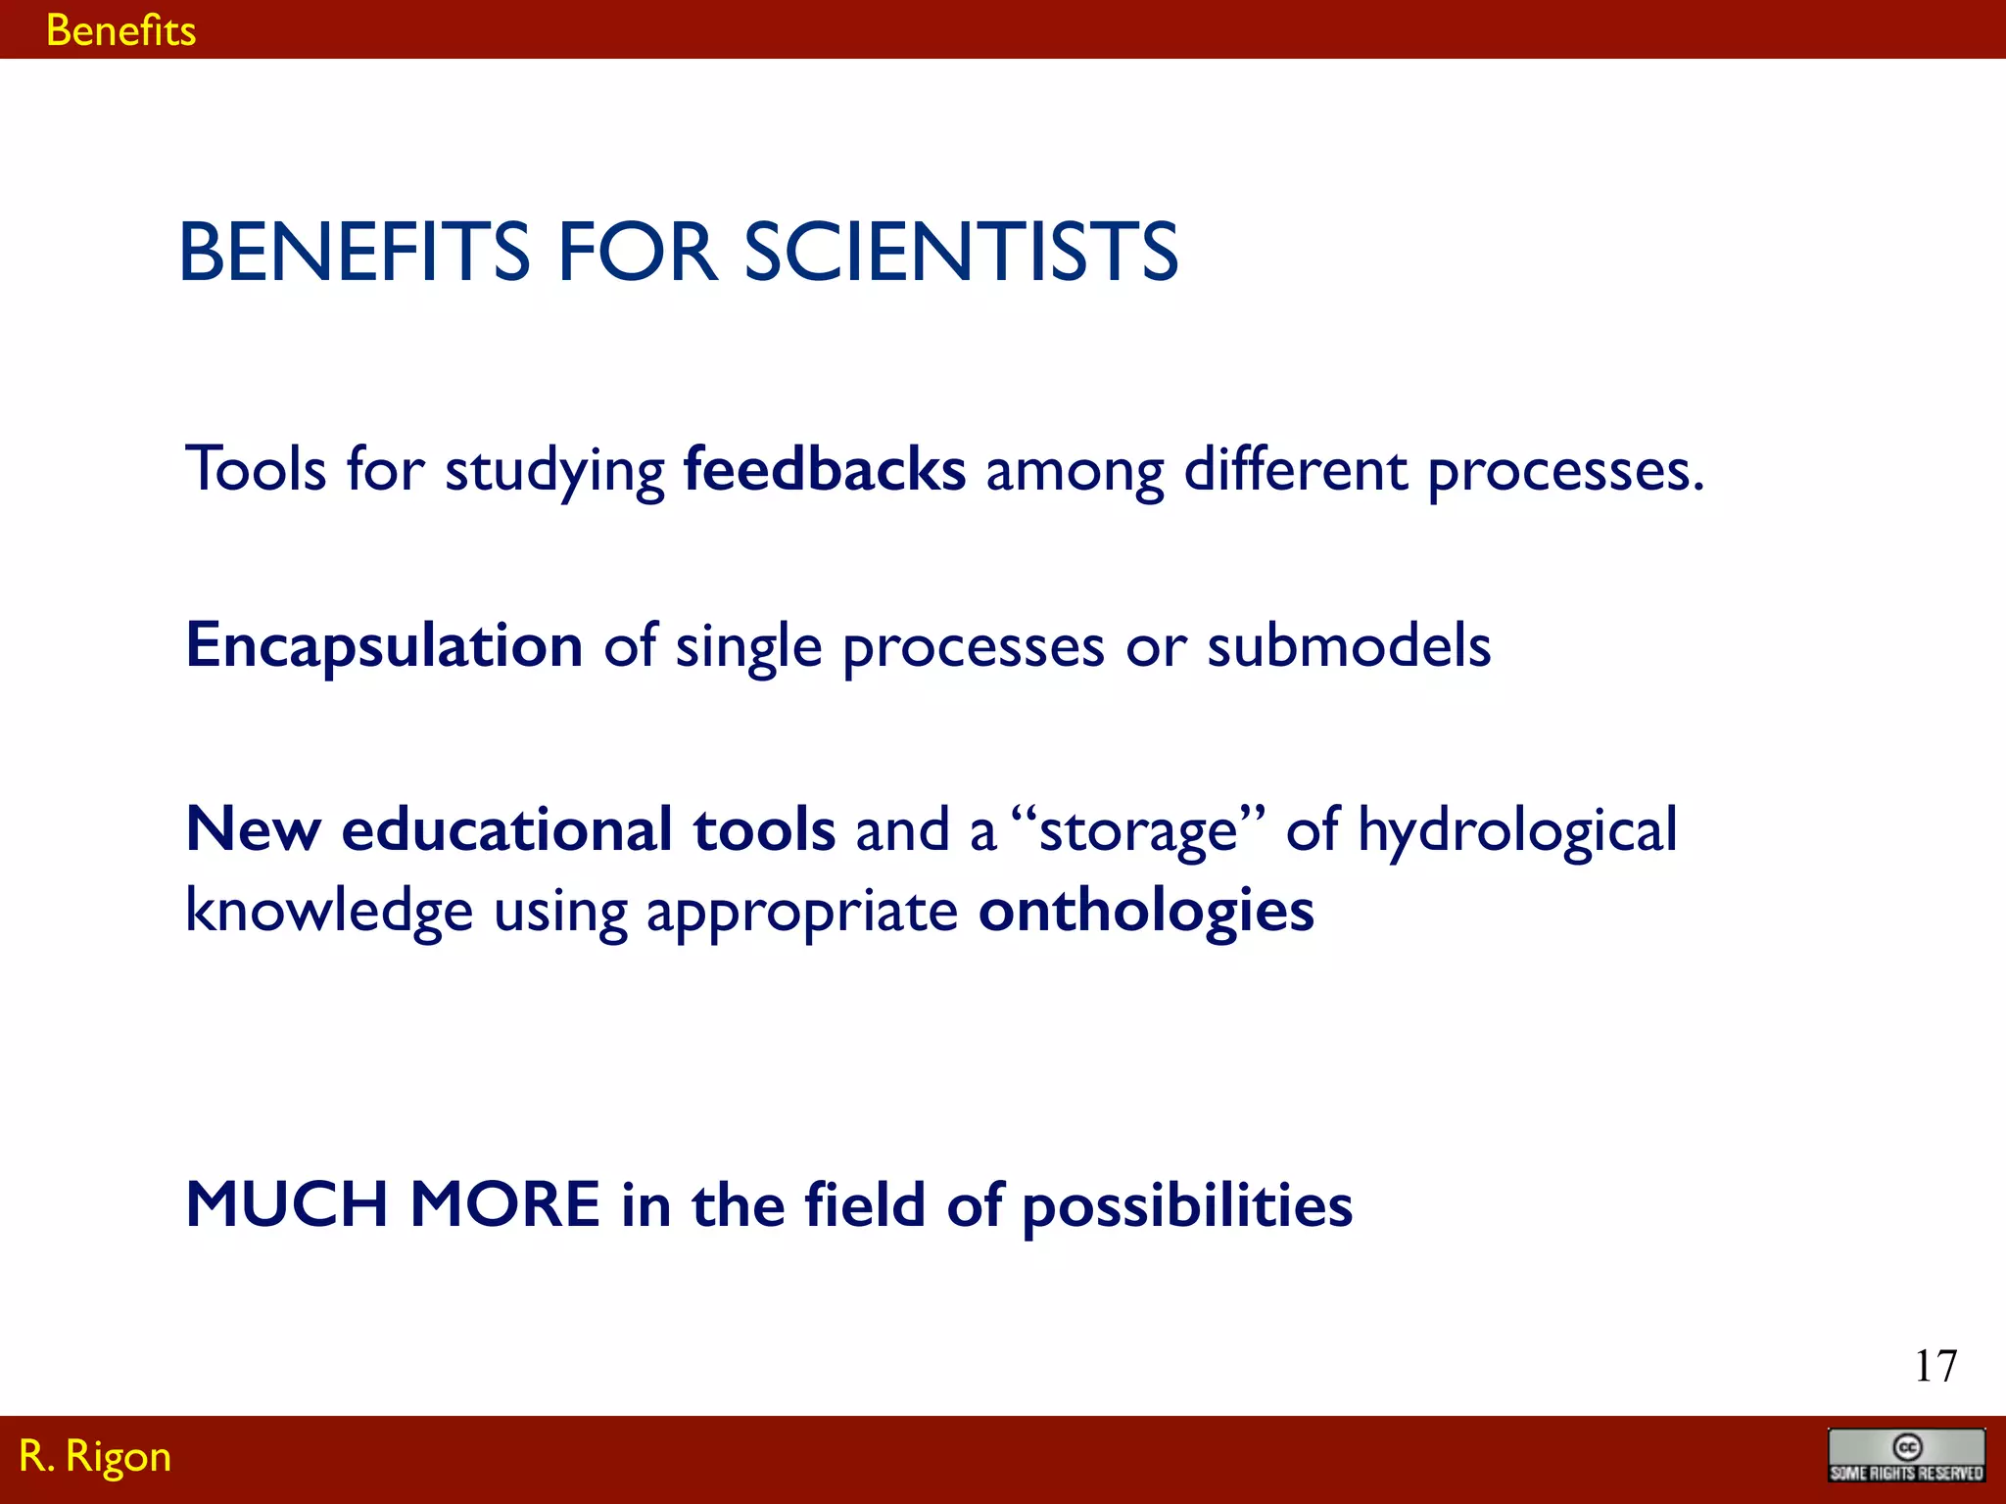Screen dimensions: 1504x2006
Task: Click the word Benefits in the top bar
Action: (120, 31)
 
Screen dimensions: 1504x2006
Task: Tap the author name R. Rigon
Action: (95, 1456)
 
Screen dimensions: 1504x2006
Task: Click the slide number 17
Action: (1935, 1366)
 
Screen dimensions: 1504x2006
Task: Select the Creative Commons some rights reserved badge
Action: (1906, 1456)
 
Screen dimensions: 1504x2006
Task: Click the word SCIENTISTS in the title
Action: (961, 253)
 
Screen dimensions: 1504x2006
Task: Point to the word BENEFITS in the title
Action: (354, 253)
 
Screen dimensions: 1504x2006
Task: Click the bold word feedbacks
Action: (824, 469)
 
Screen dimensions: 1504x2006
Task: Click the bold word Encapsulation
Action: (385, 647)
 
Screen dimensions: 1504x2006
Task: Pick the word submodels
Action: (1349, 646)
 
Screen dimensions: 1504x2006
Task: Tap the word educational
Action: (505, 830)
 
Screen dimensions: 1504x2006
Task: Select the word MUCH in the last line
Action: (286, 1204)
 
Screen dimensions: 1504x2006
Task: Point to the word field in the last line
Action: (864, 1204)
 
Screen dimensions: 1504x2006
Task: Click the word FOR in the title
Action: (637, 253)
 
